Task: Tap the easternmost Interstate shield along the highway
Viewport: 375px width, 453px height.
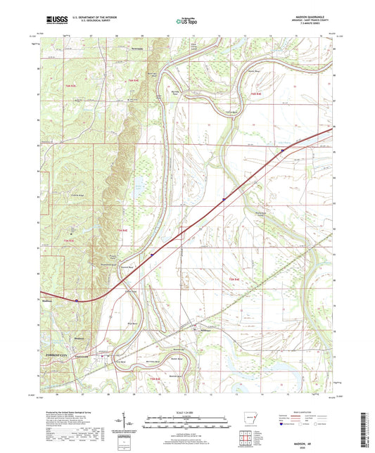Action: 283,150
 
